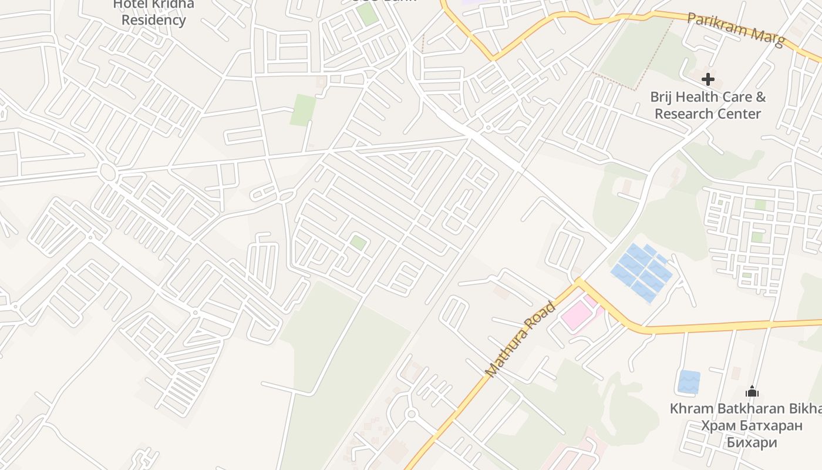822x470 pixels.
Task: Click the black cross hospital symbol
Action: point(708,79)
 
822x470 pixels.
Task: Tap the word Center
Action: point(741,113)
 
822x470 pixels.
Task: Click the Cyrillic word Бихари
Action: point(752,442)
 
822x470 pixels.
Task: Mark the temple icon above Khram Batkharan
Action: point(752,391)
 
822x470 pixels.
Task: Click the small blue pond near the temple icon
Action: point(689,382)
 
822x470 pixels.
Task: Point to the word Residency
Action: point(153,20)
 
